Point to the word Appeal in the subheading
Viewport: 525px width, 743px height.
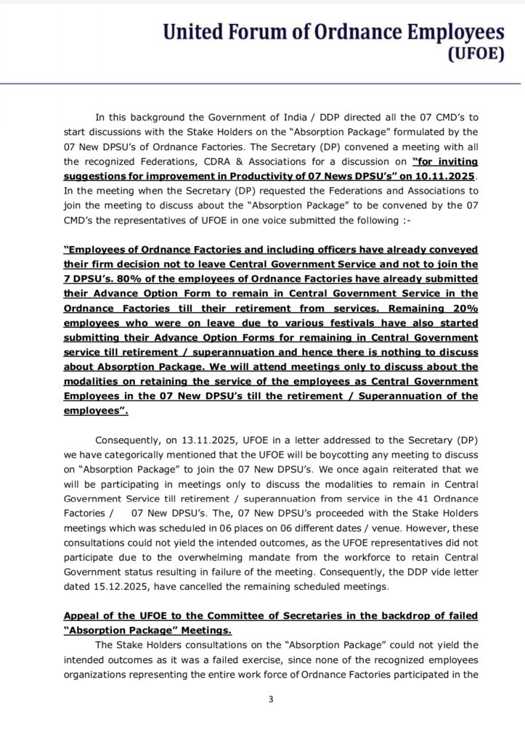pos(81,616)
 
